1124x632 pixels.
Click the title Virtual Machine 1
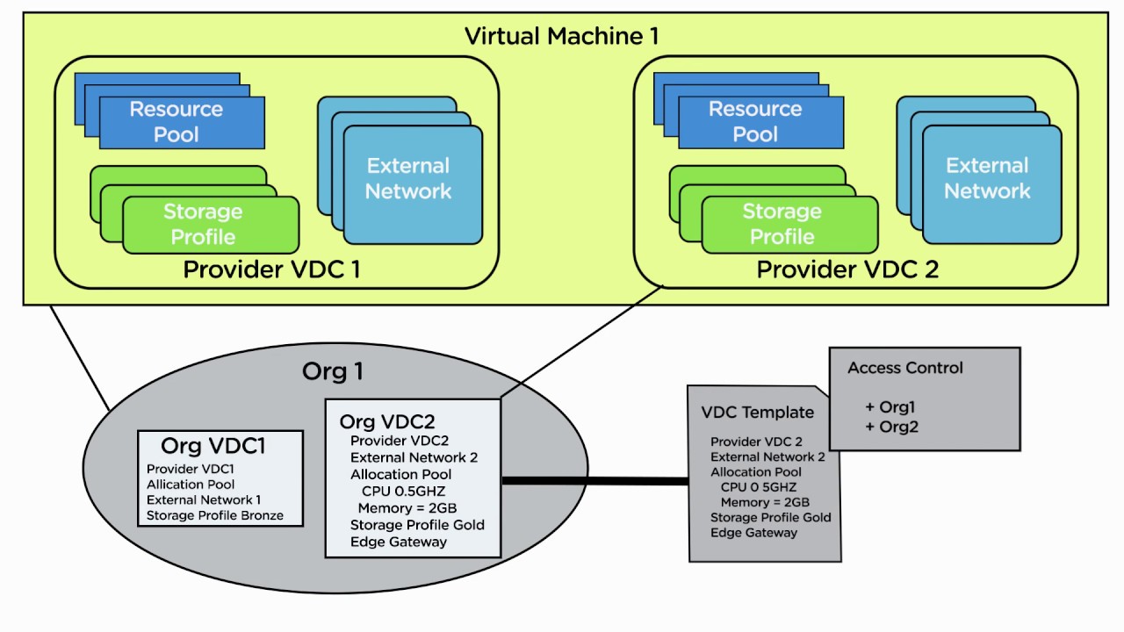[x=561, y=36]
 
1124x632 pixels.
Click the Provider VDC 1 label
[x=271, y=269]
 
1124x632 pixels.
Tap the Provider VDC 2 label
[x=847, y=269]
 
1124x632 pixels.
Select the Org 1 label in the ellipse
[x=332, y=371]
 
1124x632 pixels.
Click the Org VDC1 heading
[x=213, y=446]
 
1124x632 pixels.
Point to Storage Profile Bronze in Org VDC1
[x=215, y=515]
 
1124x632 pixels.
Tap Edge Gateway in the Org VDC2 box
[x=399, y=542]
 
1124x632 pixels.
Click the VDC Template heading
[x=757, y=413]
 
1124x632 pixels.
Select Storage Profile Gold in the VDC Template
[x=770, y=517]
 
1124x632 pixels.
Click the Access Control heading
[x=904, y=368]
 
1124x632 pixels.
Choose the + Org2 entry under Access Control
[x=891, y=427]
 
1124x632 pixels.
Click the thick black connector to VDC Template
[x=594, y=480]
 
